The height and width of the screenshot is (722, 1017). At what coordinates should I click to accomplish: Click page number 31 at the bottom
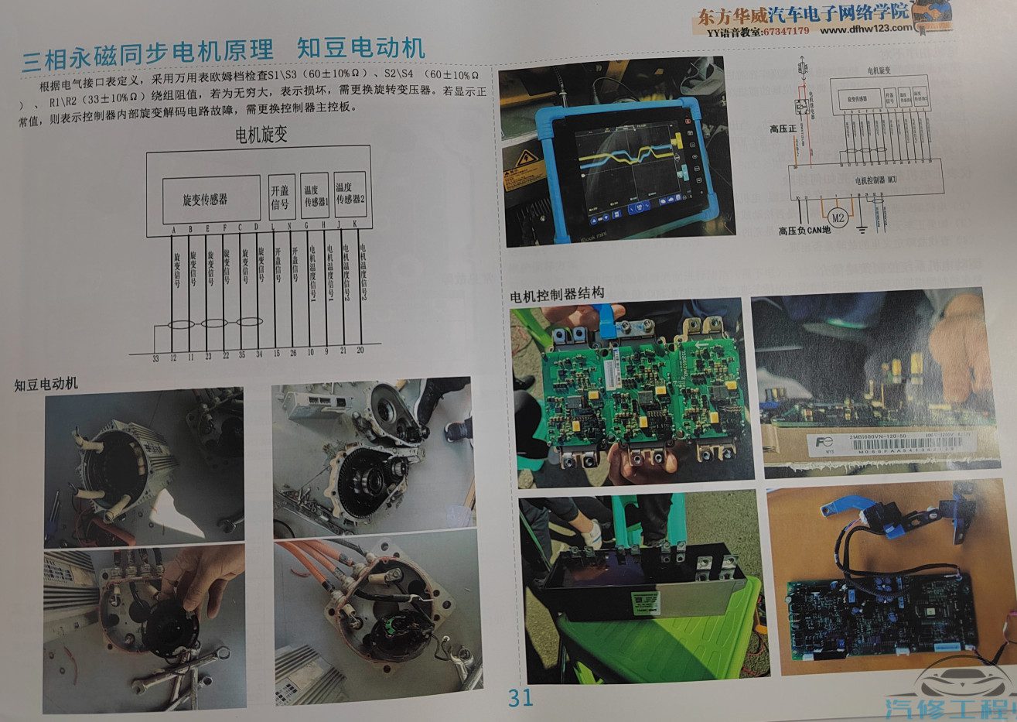[520, 697]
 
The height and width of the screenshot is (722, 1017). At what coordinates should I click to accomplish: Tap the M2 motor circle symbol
[835, 215]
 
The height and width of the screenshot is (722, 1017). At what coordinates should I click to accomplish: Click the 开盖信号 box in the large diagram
[282, 197]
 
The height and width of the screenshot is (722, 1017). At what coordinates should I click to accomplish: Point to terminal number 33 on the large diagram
[155, 358]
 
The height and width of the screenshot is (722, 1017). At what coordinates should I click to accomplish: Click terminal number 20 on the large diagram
[360, 350]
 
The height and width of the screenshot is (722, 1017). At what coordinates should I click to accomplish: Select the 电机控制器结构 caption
[557, 295]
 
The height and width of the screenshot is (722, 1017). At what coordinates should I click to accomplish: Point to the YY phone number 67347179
[781, 31]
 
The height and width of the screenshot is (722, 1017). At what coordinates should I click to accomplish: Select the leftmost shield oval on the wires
[181, 323]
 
